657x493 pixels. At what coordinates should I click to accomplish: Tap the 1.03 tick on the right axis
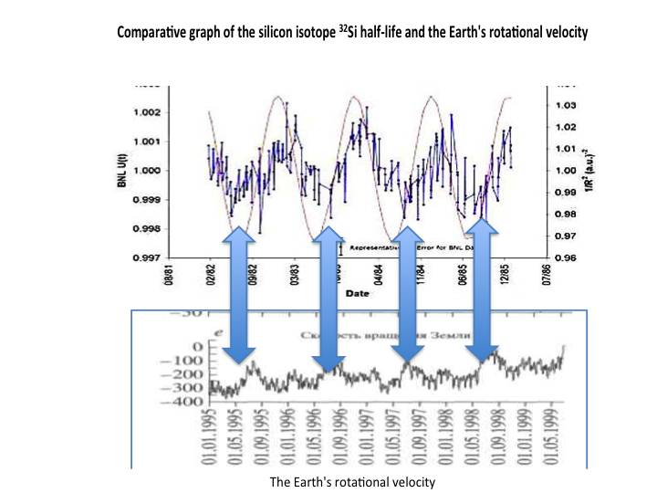[x=566, y=105]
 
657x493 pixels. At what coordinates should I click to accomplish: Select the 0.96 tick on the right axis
[x=566, y=257]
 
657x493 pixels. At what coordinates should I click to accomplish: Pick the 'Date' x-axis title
[x=358, y=294]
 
